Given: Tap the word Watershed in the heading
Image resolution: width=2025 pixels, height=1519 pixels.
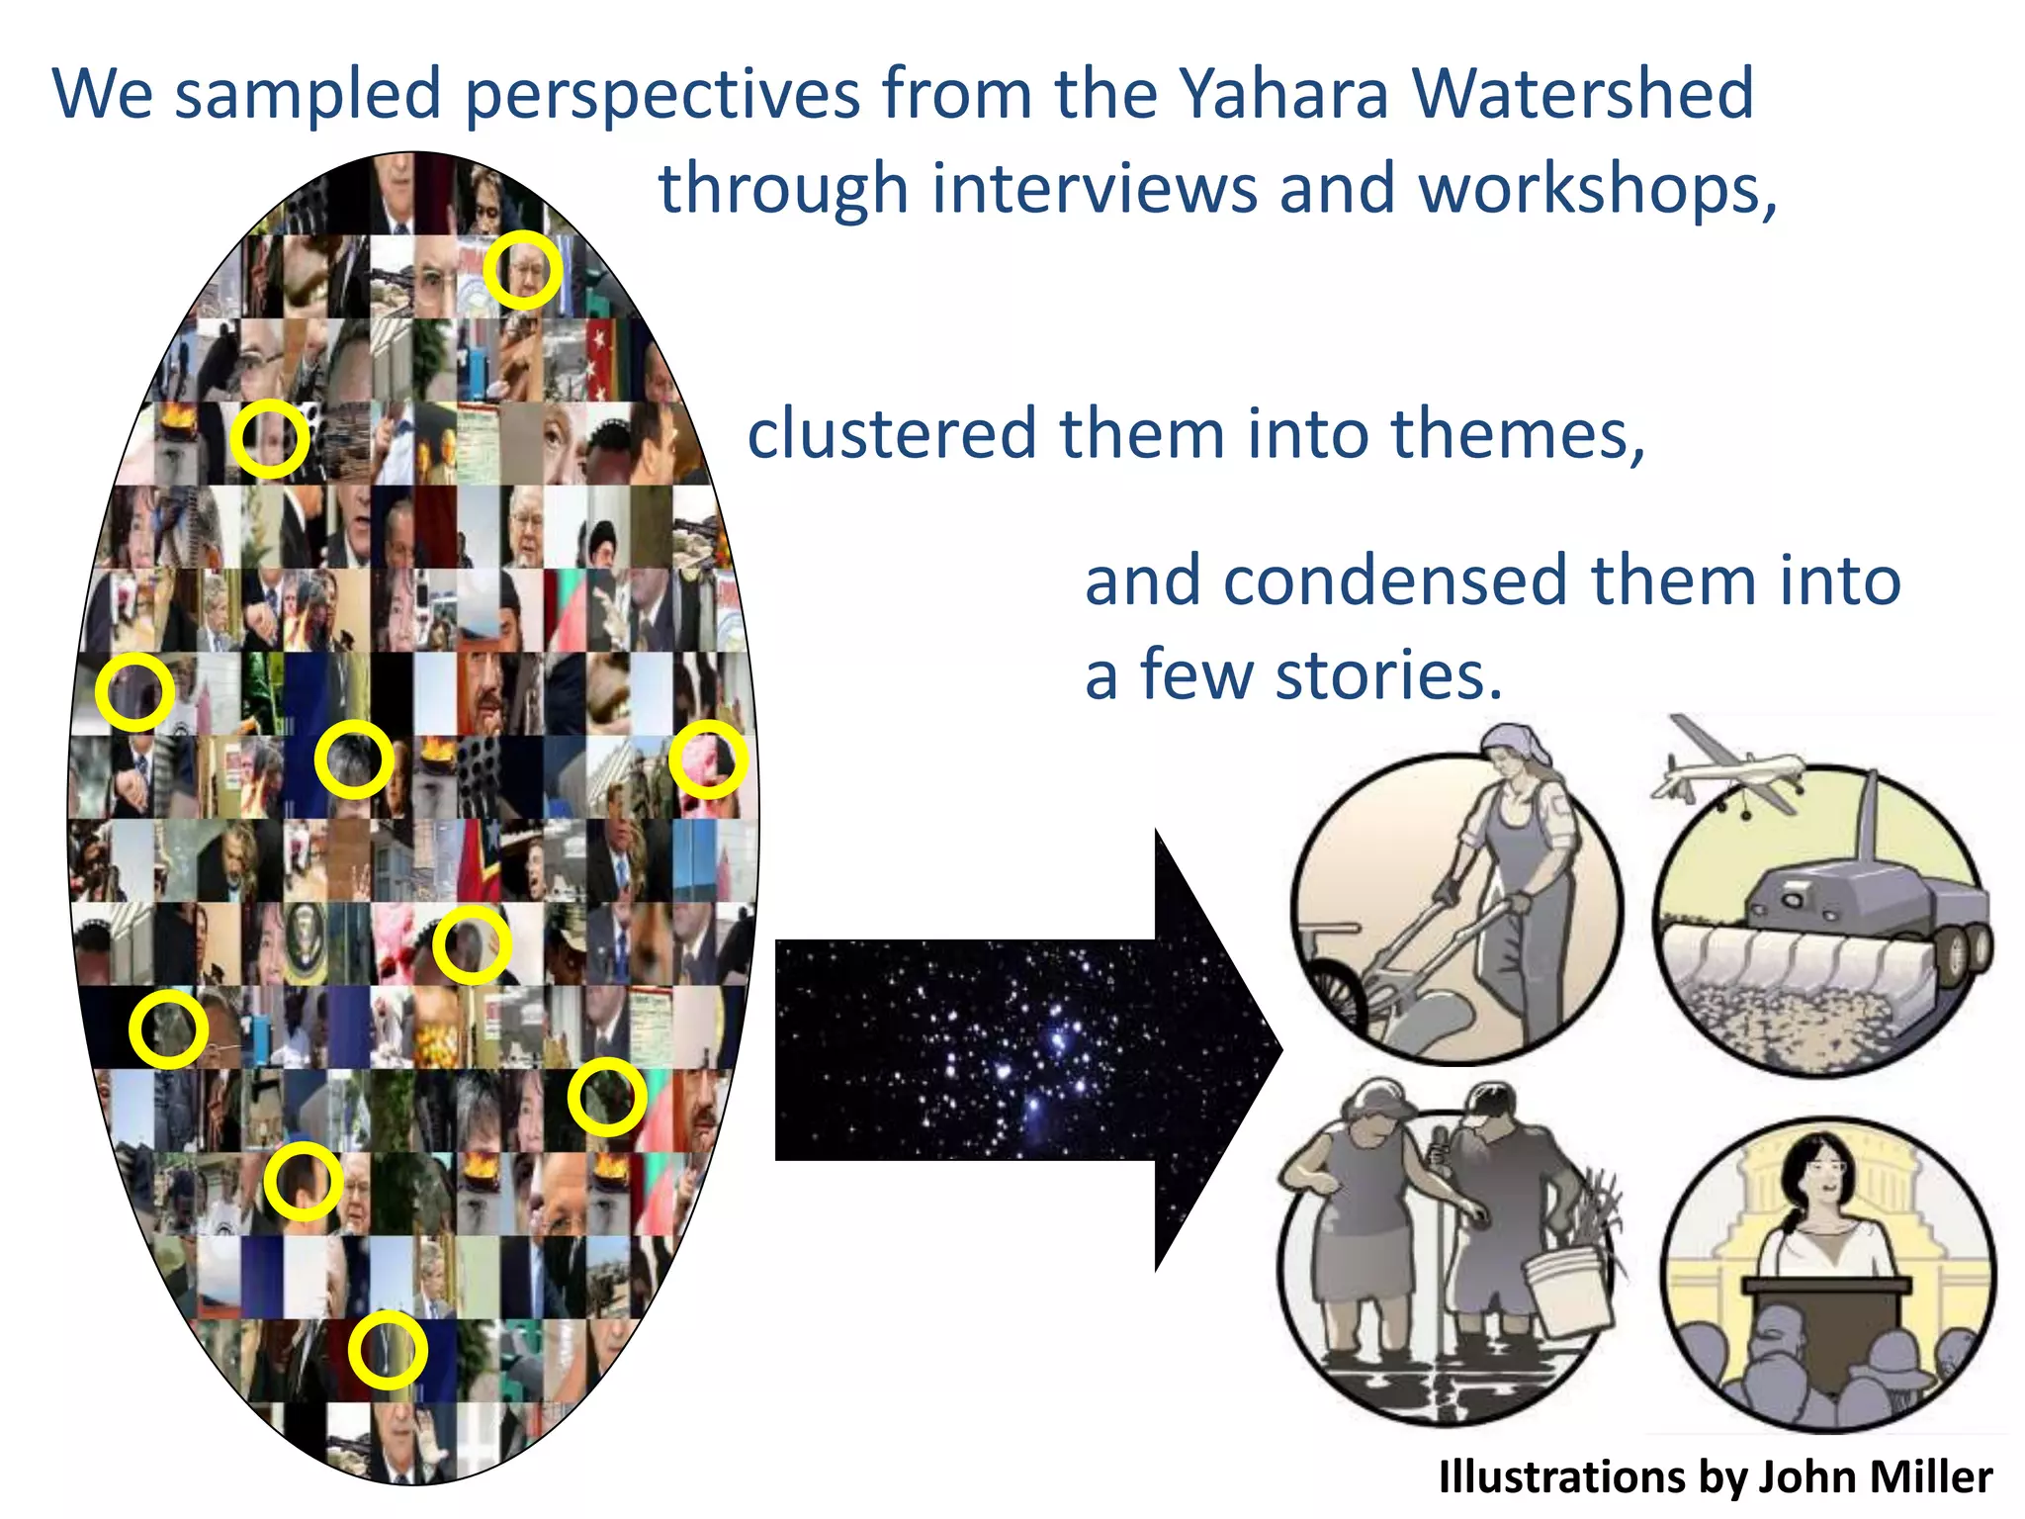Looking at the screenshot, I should [x=1582, y=94].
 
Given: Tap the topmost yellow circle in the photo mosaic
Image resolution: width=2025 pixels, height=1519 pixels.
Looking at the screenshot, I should [x=523, y=270].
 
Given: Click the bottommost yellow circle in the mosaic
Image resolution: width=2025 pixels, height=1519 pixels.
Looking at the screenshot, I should [x=388, y=1350].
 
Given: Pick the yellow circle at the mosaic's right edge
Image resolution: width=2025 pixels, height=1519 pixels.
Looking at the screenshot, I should [x=708, y=759].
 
